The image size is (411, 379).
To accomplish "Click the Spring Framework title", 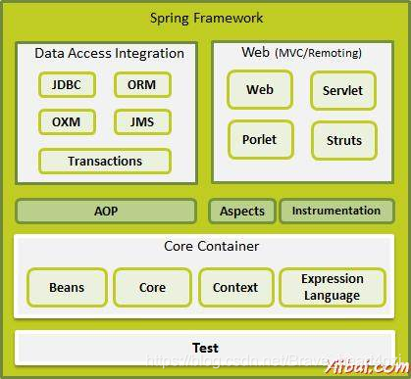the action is click(206, 18).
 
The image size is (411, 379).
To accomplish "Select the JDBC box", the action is click(67, 85).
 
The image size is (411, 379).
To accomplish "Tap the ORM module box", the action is click(141, 85).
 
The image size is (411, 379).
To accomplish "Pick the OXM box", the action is click(67, 122).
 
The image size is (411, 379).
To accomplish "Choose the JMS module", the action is click(141, 122).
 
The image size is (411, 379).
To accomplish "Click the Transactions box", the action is click(104, 161).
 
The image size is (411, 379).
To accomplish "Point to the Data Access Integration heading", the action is click(109, 54).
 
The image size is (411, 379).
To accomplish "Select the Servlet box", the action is click(342, 91).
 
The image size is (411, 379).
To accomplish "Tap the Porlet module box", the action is click(259, 140).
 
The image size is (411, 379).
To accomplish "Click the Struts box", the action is click(343, 140).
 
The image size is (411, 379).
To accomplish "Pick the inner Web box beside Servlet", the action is click(259, 90).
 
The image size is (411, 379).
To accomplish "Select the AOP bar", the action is click(106, 211).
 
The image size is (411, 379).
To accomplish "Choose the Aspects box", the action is click(242, 211).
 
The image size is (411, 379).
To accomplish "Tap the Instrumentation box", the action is click(336, 211).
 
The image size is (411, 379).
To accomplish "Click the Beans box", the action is click(67, 287).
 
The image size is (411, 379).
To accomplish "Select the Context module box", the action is click(235, 287).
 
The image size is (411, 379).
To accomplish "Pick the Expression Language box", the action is click(332, 287).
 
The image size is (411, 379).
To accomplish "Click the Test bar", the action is click(205, 348).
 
